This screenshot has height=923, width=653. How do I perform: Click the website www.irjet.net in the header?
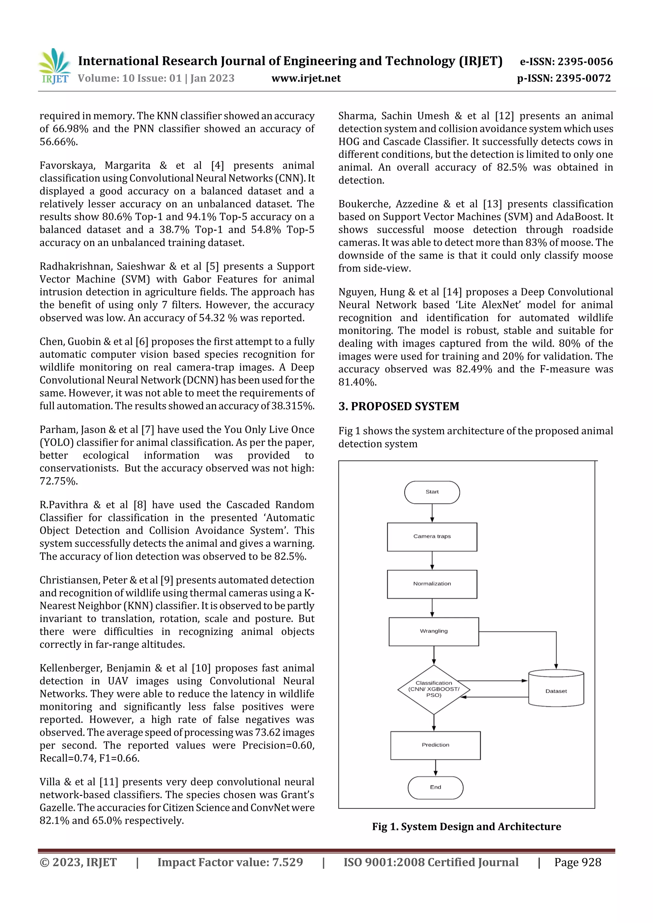306,78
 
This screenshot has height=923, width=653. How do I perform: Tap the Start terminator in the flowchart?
432,492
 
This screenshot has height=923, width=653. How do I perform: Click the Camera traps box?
432,537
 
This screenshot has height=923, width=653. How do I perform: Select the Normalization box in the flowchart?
432,584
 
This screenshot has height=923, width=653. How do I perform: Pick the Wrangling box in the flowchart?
433,631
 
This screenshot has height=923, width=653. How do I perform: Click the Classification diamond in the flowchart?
433,689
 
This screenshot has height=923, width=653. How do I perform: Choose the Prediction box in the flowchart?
435,745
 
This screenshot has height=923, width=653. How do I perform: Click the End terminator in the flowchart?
435,787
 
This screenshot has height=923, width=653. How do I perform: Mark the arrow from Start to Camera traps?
432,513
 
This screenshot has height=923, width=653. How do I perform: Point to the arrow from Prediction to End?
435,768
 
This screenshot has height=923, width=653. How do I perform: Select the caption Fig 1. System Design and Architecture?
466,826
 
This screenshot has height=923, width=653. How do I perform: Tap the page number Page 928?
577,862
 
